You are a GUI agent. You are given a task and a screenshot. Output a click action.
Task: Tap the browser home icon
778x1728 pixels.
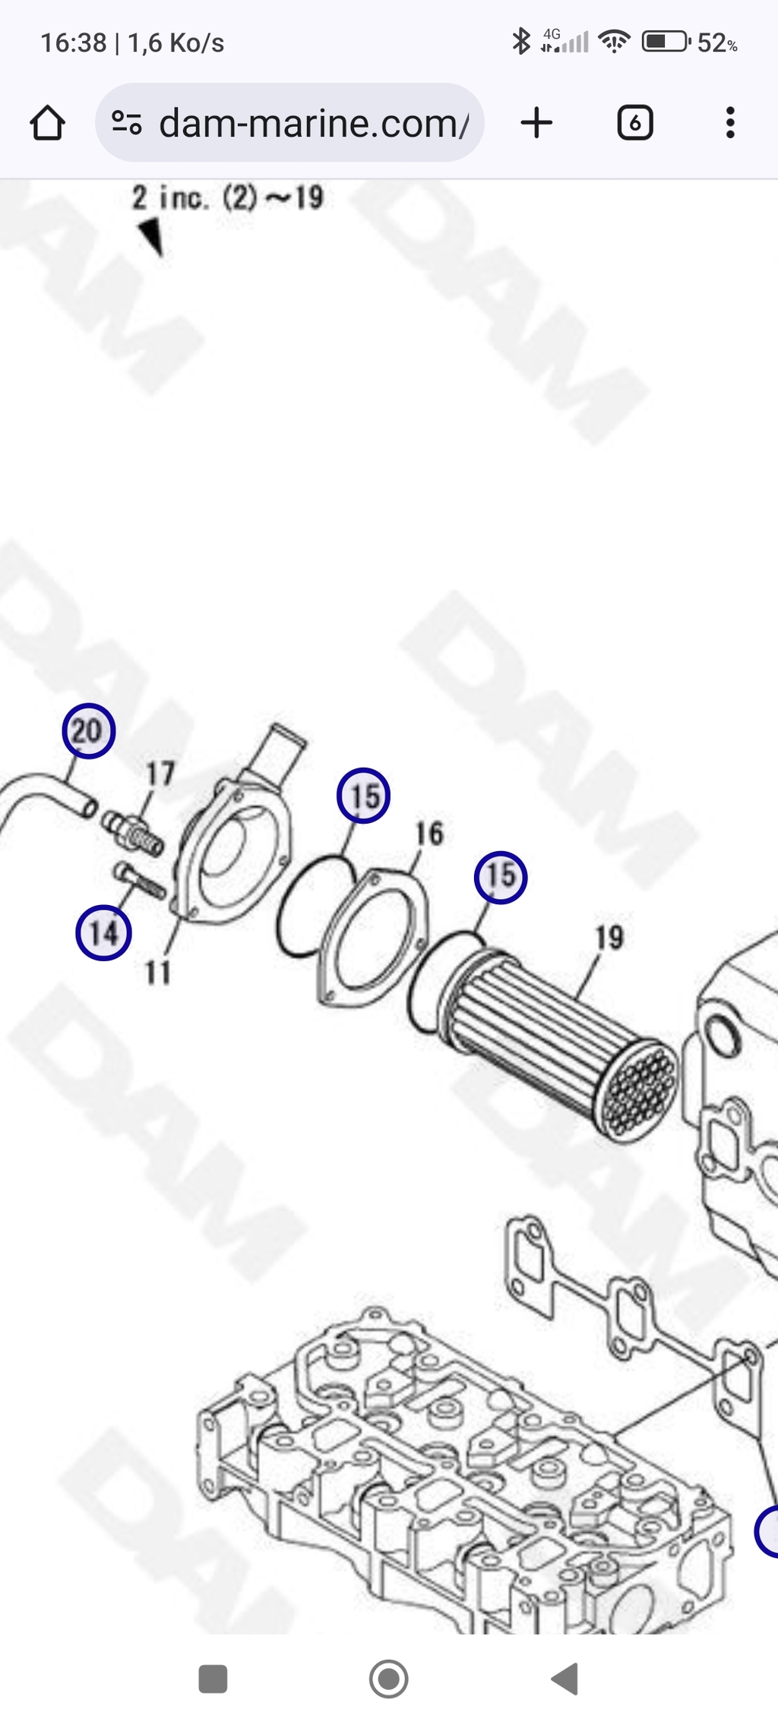click(47, 122)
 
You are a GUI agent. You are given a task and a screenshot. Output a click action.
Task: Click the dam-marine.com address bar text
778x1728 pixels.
click(314, 123)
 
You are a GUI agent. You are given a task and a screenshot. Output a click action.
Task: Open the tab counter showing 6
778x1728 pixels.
click(635, 122)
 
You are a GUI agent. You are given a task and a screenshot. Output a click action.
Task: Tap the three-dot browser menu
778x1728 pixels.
click(730, 122)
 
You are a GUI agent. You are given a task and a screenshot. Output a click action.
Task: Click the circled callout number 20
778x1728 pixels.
click(88, 731)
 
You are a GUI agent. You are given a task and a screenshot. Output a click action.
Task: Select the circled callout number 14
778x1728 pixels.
click(103, 932)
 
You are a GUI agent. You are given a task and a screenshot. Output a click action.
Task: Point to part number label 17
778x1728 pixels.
click(160, 774)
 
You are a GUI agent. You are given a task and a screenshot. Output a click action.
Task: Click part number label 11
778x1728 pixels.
click(158, 972)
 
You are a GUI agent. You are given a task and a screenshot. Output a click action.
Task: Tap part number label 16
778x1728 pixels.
click(429, 834)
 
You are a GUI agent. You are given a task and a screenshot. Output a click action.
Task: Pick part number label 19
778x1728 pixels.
click(609, 938)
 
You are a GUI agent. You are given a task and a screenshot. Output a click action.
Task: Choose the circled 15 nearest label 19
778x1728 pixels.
click(501, 877)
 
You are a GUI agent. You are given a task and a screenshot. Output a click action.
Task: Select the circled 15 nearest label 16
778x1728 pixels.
click(363, 796)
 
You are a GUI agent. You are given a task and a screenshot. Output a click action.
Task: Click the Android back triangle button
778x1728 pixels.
click(565, 1679)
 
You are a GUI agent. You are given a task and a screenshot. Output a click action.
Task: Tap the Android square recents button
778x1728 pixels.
click(213, 1679)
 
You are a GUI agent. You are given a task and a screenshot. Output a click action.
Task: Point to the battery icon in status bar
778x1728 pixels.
click(666, 42)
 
